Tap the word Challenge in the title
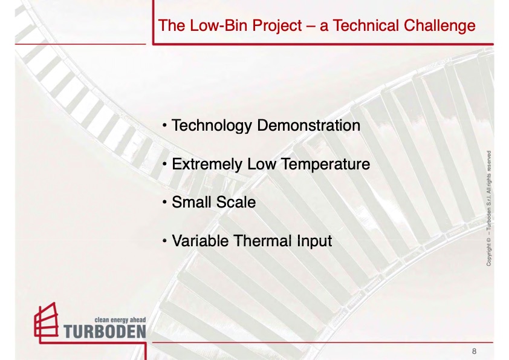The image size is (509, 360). point(439,26)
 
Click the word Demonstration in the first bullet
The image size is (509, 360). point(308,125)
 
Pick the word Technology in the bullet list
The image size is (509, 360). point(212,126)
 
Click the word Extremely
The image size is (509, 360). point(207,165)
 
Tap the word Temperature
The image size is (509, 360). point(325,165)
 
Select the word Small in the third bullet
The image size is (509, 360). point(192,201)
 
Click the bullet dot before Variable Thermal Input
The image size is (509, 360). point(164,241)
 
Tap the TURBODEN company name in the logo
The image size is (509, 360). point(105,332)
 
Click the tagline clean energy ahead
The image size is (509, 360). point(120,320)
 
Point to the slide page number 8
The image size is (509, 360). point(475,352)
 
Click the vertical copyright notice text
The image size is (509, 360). point(488,208)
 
